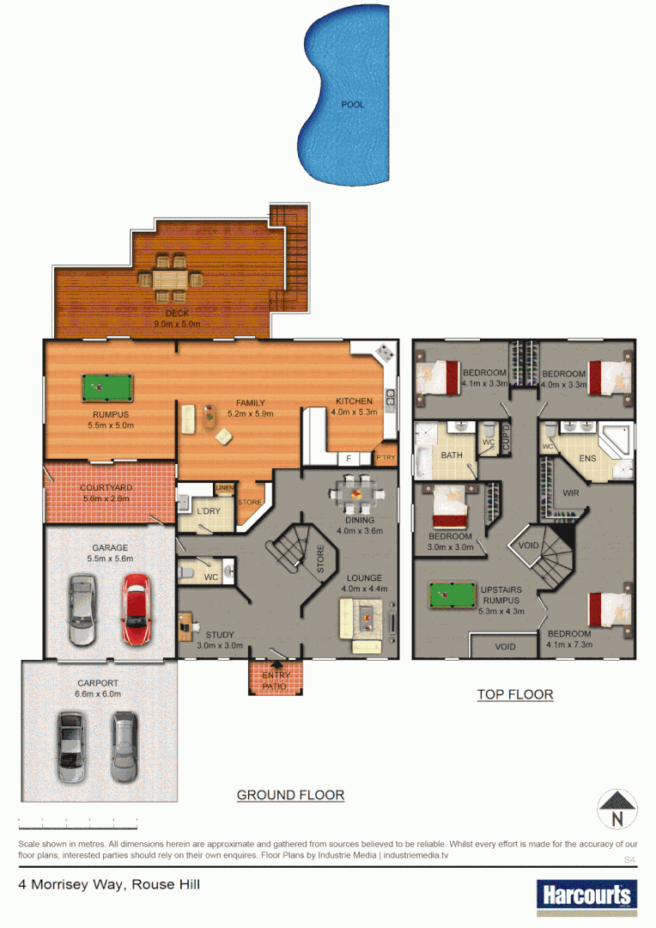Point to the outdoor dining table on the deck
tap(172, 278)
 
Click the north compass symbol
tap(618, 809)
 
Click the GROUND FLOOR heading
tap(290, 795)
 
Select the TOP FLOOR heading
tap(515, 694)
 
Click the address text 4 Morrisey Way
tap(109, 883)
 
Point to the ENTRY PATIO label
tap(276, 680)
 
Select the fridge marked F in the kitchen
tap(348, 457)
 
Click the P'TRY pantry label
tap(386, 457)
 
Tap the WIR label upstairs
tap(571, 493)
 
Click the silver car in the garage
tap(82, 610)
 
